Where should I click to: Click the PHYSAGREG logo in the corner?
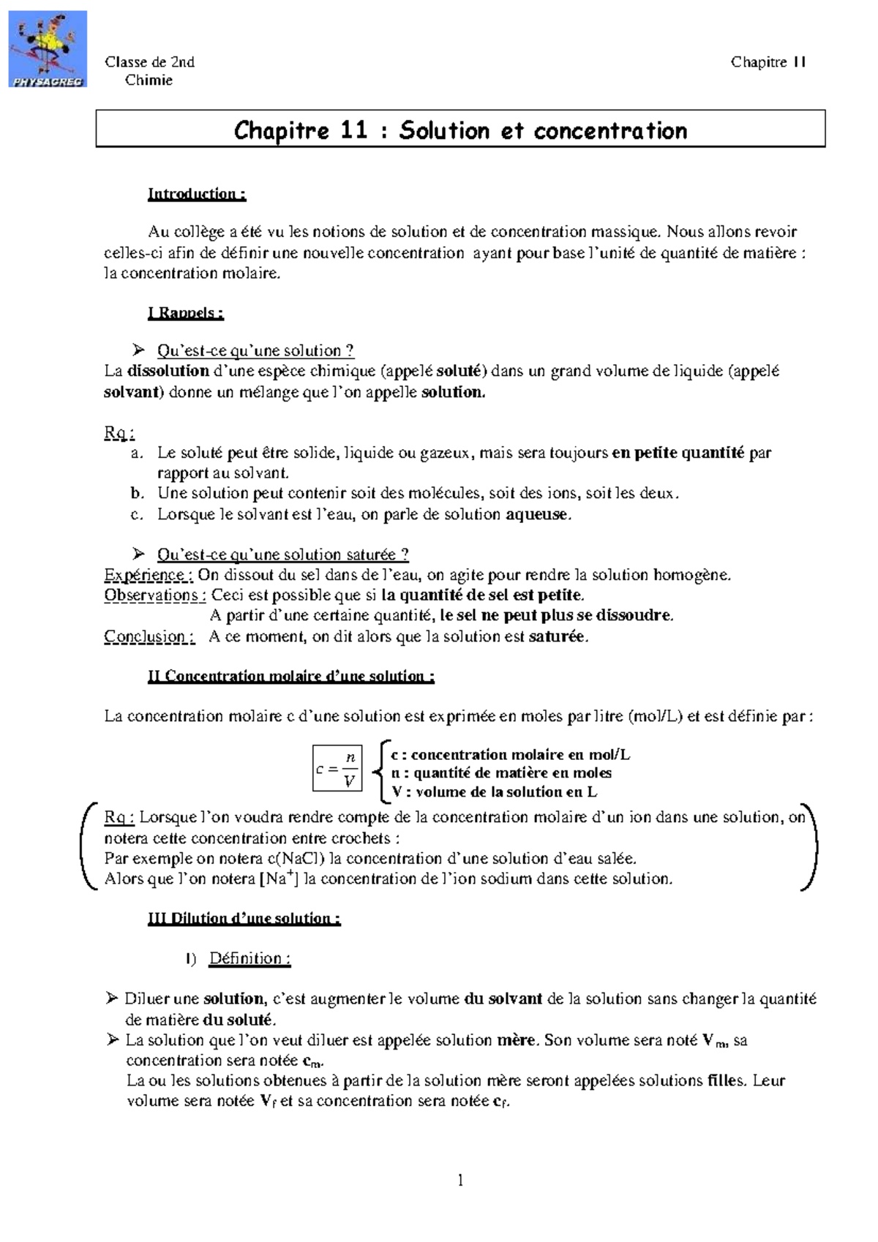point(48,50)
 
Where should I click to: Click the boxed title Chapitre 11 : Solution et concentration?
point(460,130)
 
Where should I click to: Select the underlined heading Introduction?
point(196,194)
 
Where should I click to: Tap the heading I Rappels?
point(185,313)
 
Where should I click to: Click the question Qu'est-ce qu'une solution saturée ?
point(282,554)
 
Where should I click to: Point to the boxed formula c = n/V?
point(337,769)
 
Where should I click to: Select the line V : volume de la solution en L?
point(494,792)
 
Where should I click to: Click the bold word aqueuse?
point(537,514)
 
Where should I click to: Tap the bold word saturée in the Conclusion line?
point(557,636)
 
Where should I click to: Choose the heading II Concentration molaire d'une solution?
point(290,677)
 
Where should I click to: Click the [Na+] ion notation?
point(278,878)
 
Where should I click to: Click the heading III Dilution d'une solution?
point(244,919)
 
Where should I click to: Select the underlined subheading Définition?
point(249,959)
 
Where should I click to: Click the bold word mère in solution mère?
point(517,1040)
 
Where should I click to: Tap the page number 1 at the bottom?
point(460,1180)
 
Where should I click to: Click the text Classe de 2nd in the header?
point(149,62)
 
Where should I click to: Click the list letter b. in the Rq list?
point(136,494)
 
